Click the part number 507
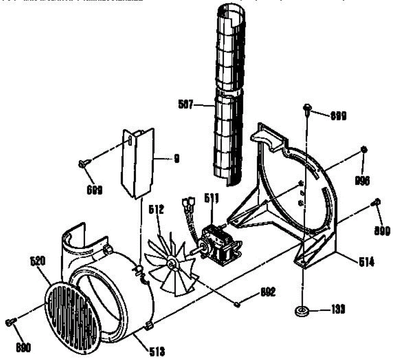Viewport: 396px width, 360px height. click(x=186, y=105)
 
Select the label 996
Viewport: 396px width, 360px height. click(x=362, y=180)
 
